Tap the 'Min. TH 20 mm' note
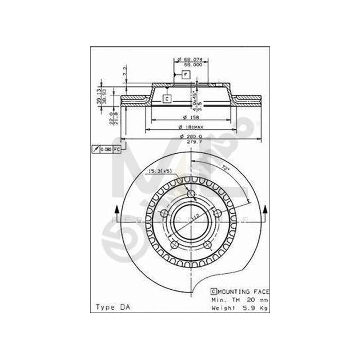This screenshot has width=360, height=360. click(240, 299)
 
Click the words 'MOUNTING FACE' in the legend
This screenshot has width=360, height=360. click(244, 292)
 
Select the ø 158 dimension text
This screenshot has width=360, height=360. click(191, 117)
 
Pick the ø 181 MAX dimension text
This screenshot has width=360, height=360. click(191, 127)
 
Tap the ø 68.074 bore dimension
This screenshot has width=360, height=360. click(191, 60)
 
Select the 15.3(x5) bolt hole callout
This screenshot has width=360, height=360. click(160, 172)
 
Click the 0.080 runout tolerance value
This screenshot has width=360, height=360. click(106, 149)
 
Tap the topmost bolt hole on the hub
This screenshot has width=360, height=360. click(191, 194)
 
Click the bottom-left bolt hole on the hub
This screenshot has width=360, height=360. click(174, 244)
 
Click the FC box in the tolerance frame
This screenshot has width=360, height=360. click(116, 149)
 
